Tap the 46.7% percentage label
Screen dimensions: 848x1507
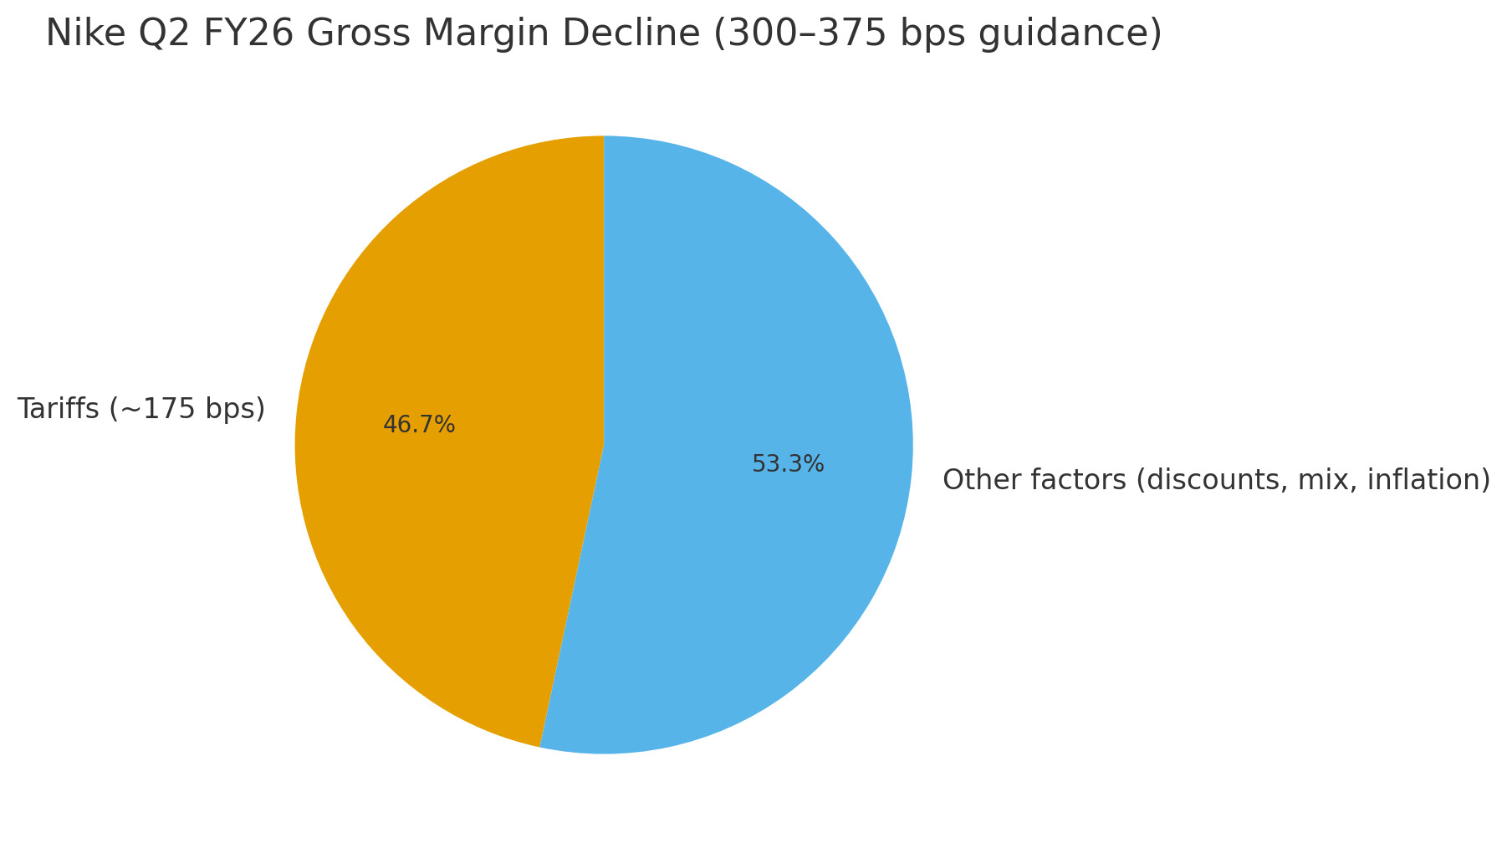click(419, 425)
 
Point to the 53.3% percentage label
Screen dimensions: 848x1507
click(788, 464)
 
